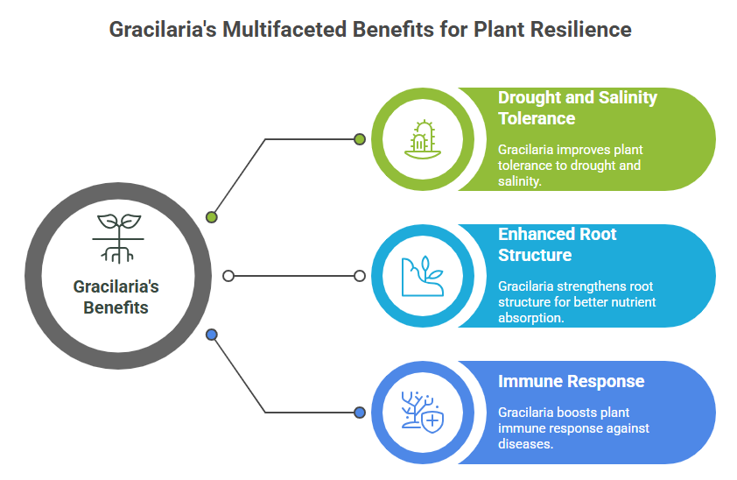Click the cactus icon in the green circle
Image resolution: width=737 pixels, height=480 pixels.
(423, 139)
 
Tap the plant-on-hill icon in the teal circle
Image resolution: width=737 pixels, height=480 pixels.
(423, 276)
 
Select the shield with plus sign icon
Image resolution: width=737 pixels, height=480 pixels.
(432, 420)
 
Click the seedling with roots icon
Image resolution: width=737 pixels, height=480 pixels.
(118, 238)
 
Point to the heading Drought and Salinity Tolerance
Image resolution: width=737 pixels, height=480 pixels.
(577, 108)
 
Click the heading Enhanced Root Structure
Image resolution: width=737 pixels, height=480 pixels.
(557, 244)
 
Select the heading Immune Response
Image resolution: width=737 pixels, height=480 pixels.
(571, 381)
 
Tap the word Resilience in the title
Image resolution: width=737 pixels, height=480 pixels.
(581, 29)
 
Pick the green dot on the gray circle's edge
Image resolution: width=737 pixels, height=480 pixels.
(212, 217)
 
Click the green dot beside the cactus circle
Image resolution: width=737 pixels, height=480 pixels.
(360, 139)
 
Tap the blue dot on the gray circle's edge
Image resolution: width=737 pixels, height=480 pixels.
(212, 335)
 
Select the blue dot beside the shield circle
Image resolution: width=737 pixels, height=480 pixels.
(360, 413)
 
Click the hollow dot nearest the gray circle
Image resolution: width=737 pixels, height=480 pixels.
(228, 276)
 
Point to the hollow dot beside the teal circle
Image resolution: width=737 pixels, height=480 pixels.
(360, 276)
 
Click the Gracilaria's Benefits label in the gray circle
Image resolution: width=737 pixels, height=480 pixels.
(116, 297)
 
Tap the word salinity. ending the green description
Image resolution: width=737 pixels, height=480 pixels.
(520, 181)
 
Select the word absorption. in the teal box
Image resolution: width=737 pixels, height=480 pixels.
(531, 318)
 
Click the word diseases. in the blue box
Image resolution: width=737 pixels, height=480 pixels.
(525, 444)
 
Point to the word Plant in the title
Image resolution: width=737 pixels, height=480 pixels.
(499, 29)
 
